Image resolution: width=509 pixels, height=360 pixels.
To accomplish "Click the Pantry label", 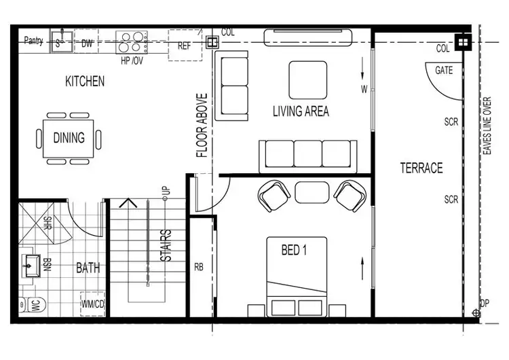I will [33, 41].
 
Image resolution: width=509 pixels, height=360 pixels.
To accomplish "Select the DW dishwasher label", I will [87, 43].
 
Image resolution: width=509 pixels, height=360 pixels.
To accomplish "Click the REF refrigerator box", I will [185, 46].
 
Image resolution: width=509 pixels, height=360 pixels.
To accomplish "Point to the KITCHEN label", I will [85, 82].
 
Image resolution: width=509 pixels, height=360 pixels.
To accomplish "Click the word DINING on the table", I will [69, 138].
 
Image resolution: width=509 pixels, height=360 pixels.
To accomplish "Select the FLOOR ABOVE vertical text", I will [202, 126].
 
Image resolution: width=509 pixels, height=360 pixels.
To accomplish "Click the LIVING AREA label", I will [301, 111].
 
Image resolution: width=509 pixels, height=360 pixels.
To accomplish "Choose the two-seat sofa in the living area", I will [235, 86].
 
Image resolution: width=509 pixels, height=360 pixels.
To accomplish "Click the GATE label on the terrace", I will [444, 70].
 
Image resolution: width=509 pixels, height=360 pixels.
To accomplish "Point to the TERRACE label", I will [421, 168].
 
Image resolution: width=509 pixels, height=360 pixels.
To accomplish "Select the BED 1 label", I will [294, 250].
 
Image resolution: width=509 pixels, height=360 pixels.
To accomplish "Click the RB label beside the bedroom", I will [199, 266].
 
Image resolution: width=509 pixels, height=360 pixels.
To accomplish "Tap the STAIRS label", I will [165, 246].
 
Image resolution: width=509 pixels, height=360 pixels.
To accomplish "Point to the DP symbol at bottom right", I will [476, 313].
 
